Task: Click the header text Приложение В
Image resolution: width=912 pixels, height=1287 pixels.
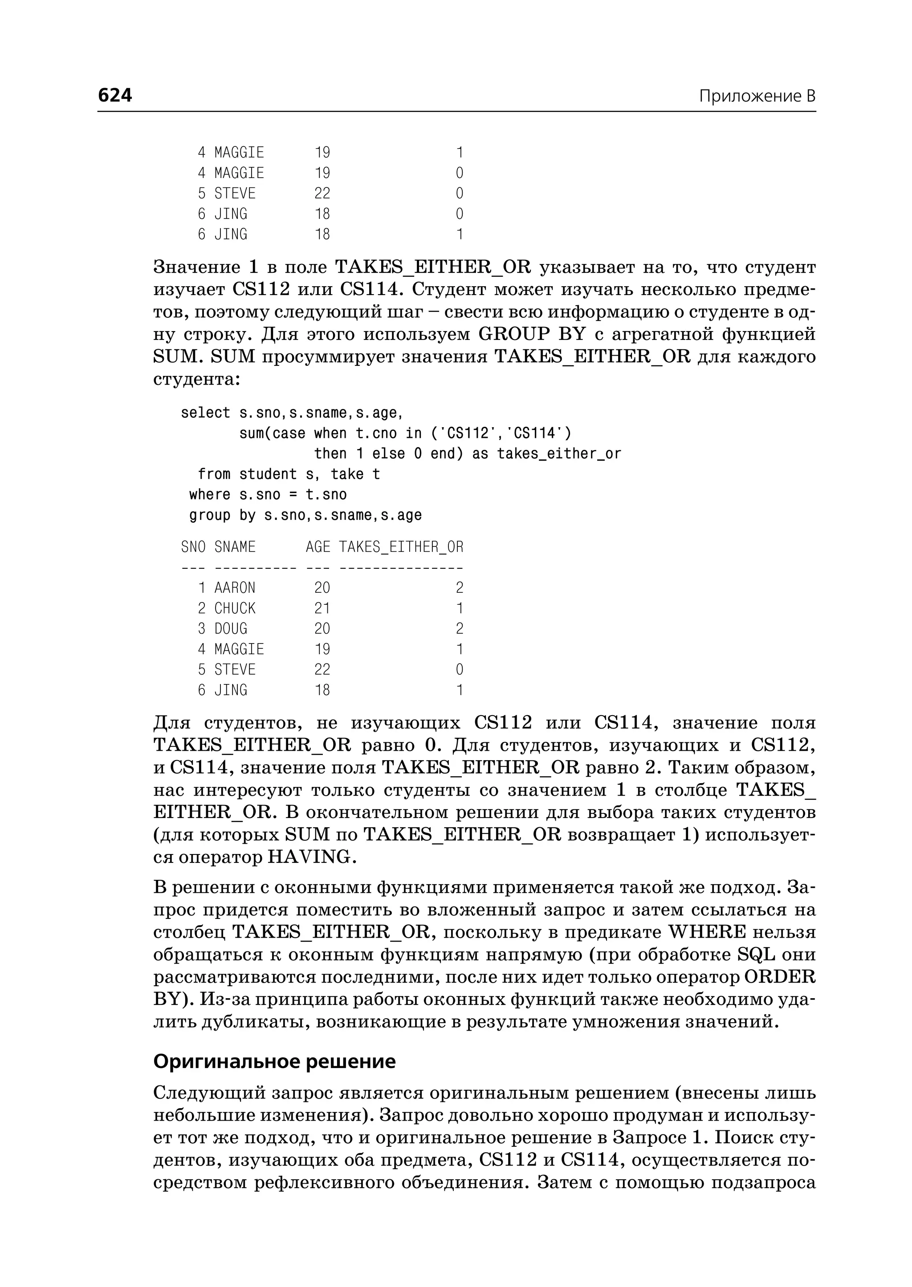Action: [757, 97]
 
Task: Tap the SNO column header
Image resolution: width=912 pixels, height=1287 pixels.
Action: [193, 546]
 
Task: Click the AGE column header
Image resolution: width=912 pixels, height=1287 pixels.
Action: [318, 546]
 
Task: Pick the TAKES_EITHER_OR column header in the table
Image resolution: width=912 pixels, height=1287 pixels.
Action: [401, 546]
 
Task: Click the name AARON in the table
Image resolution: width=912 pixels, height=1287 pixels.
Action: [235, 588]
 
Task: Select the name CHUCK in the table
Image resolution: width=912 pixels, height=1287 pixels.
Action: [235, 608]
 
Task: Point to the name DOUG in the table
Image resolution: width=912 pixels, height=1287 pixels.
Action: [230, 629]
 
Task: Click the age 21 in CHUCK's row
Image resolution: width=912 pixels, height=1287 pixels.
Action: [322, 608]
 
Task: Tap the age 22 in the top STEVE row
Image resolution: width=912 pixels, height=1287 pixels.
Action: [322, 194]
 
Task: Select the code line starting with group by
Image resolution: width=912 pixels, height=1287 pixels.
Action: [305, 515]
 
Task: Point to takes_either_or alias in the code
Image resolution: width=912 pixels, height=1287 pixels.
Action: [559, 453]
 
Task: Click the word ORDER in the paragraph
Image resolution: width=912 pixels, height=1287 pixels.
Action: [779, 977]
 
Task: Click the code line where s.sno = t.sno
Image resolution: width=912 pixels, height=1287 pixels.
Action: [268, 494]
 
